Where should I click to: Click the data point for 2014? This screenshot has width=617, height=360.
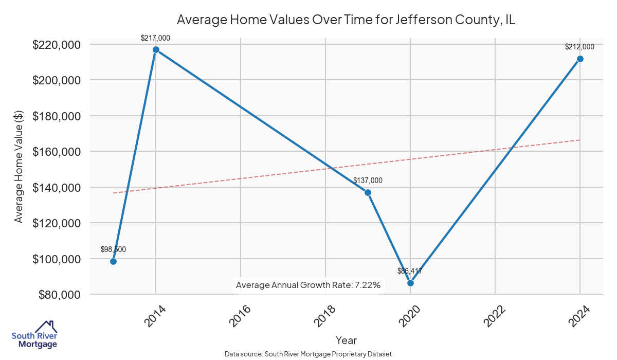coord(156,50)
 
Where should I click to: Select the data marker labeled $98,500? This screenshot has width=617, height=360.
coord(113,261)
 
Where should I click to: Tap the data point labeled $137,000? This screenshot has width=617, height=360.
coord(368,192)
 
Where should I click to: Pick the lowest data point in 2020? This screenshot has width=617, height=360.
coord(410,283)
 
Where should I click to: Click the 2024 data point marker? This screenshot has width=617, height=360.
coord(580,59)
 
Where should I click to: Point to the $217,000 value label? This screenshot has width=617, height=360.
coord(155,38)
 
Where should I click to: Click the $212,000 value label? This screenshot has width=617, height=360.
coord(579,47)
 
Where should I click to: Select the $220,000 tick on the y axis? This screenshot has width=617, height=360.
coord(57,45)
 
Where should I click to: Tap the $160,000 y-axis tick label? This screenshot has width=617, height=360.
coord(57,152)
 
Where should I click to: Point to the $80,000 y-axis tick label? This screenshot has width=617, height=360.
coord(59,295)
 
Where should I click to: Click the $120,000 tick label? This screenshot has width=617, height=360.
coord(57,223)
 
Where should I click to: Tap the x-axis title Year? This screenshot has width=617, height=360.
coord(346,340)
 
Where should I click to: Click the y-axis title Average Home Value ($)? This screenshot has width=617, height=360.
coord(19,169)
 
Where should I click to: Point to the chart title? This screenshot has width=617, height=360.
coord(346,20)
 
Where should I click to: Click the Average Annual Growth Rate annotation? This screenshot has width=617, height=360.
coord(308,285)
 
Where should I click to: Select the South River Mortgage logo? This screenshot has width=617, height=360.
coord(34,335)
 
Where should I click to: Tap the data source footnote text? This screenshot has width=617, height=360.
coord(308,354)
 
